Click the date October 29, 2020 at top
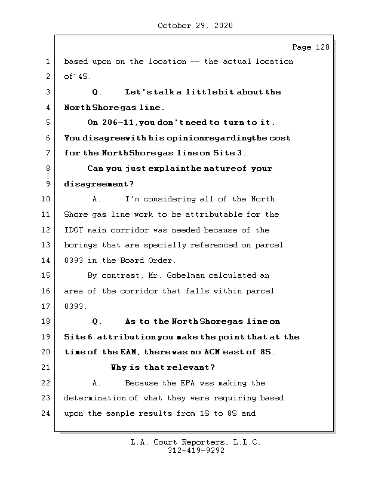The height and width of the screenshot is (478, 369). pos(195,26)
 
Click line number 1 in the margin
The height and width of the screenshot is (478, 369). pos(47,62)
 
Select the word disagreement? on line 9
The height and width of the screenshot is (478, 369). pos(99,184)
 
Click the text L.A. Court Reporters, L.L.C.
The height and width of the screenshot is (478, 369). pos(196,443)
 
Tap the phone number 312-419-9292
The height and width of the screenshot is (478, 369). pos(196,451)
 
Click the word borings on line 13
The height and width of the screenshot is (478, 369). pos(80,245)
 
